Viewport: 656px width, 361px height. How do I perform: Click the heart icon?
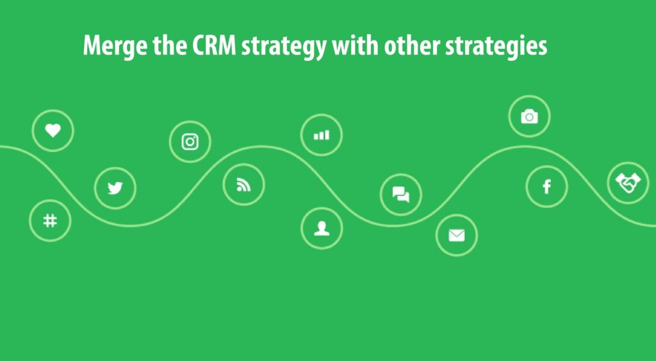pyautogui.click(x=53, y=130)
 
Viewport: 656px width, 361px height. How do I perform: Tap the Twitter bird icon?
pyautogui.click(x=115, y=188)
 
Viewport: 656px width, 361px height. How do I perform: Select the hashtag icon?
pyautogui.click(x=50, y=221)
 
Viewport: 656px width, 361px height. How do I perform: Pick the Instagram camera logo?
pyautogui.click(x=190, y=142)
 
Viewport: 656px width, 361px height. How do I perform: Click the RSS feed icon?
pyautogui.click(x=243, y=185)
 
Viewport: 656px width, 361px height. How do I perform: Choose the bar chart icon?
pyautogui.click(x=322, y=135)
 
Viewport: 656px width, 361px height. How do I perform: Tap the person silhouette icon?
pyautogui.click(x=322, y=228)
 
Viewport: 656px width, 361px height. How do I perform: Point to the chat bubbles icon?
pyautogui.click(x=401, y=194)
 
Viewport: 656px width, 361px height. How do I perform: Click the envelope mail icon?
pyautogui.click(x=456, y=235)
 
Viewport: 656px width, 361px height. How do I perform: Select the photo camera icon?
pyautogui.click(x=529, y=117)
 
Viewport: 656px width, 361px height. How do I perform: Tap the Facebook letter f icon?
pyautogui.click(x=547, y=187)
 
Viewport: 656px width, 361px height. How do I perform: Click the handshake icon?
pyautogui.click(x=628, y=183)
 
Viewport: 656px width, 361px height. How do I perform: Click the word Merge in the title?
pyautogui.click(x=115, y=46)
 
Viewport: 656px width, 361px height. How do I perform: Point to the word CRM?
pyautogui.click(x=214, y=46)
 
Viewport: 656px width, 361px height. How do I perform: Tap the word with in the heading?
pyautogui.click(x=356, y=46)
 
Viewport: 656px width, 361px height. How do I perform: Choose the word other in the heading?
pyautogui.click(x=413, y=46)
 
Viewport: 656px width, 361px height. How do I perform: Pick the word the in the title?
pyautogui.click(x=169, y=46)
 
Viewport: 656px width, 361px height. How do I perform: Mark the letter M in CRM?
pyautogui.click(x=227, y=46)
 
